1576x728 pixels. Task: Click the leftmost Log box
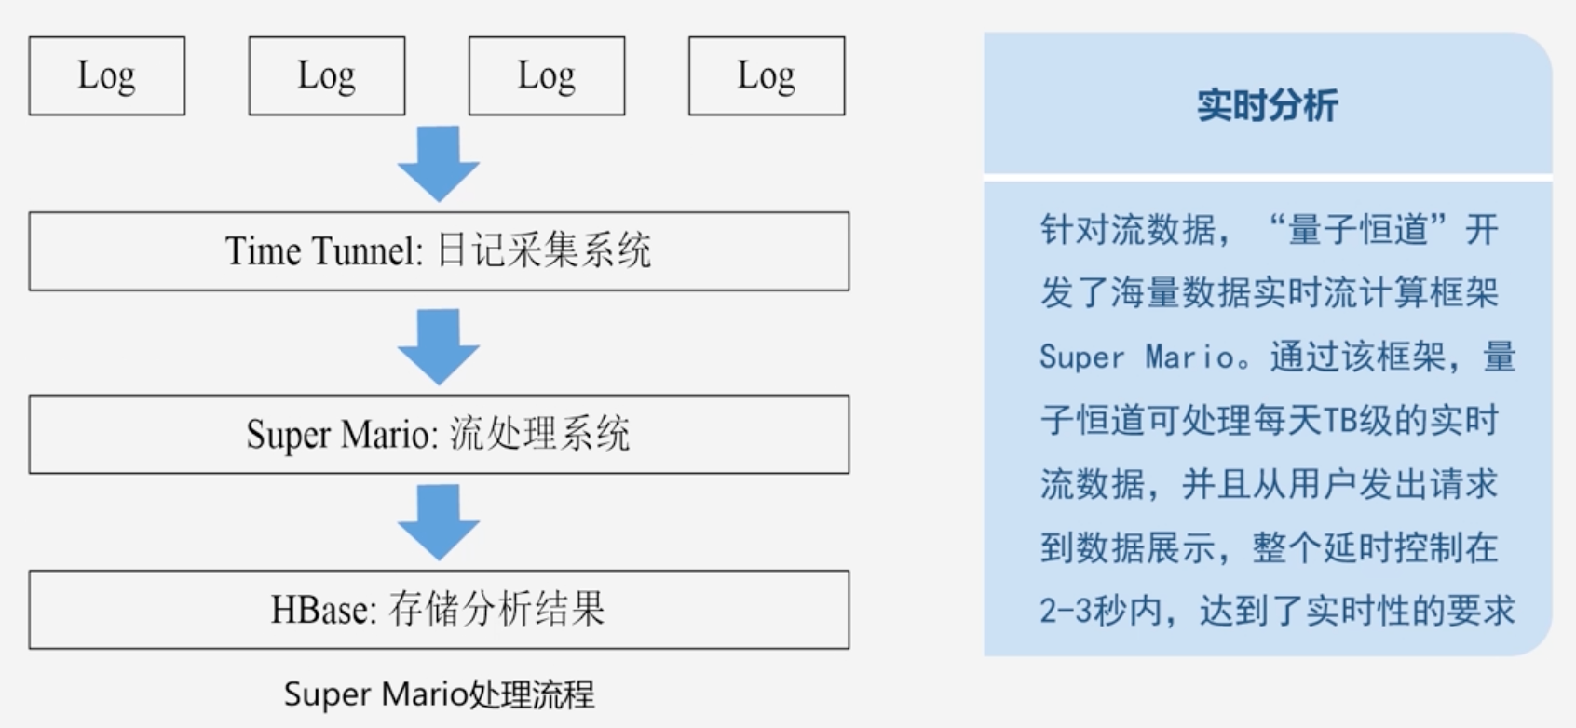(107, 76)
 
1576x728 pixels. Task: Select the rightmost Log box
(767, 76)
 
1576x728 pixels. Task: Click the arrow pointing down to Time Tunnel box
(439, 164)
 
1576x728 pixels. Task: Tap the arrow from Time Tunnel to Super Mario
(439, 347)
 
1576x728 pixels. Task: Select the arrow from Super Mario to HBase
(439, 522)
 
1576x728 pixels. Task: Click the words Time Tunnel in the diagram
(322, 251)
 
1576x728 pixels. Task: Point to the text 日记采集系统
(544, 251)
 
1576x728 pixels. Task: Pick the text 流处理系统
(540, 435)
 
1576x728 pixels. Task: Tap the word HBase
(322, 610)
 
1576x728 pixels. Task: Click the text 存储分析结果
(497, 610)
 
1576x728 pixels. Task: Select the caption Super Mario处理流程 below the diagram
(439, 694)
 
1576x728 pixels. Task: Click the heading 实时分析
(1268, 105)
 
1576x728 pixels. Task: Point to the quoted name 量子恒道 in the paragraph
(1358, 230)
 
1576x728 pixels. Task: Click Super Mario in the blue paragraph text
(1137, 357)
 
